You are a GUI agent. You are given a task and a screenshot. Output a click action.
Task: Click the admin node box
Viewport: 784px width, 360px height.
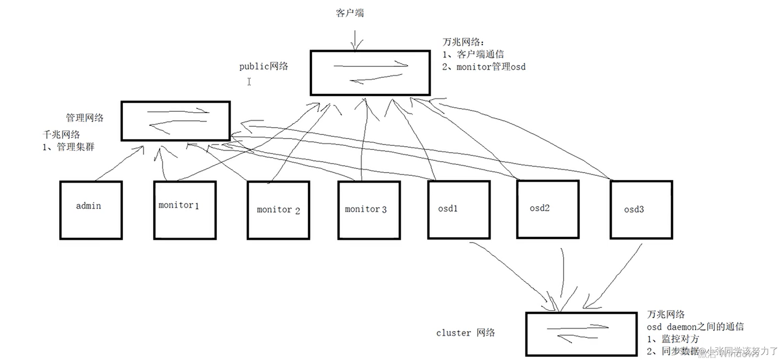pyautogui.click(x=91, y=210)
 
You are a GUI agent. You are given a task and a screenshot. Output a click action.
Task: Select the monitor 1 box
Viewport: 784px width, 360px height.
pyautogui.click(x=185, y=210)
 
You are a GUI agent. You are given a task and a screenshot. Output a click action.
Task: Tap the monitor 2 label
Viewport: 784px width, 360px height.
pyautogui.click(x=278, y=210)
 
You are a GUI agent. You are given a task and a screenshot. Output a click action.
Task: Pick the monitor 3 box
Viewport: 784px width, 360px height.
pyautogui.click(x=369, y=210)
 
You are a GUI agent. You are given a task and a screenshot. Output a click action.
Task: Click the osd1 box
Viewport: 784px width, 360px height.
pyautogui.click(x=459, y=209)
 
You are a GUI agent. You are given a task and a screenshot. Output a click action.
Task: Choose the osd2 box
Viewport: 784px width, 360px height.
pyautogui.click(x=548, y=209)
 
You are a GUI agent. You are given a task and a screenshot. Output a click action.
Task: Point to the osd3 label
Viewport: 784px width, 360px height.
pyautogui.click(x=634, y=209)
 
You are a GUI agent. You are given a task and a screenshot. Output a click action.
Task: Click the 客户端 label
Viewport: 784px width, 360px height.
pyautogui.click(x=350, y=13)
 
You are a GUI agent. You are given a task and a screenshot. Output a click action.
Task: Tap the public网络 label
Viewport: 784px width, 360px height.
pyautogui.click(x=264, y=66)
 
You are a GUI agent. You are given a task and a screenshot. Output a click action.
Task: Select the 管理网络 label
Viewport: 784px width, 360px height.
pyautogui.click(x=84, y=118)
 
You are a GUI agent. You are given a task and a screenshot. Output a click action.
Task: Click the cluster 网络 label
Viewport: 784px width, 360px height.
pyautogui.click(x=465, y=333)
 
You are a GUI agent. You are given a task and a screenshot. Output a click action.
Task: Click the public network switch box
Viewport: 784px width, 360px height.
pyautogui.click(x=370, y=73)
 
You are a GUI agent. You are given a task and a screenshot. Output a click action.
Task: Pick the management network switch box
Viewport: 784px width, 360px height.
pyautogui.click(x=176, y=121)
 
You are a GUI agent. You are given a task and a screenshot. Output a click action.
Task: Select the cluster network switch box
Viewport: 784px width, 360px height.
pyautogui.click(x=581, y=334)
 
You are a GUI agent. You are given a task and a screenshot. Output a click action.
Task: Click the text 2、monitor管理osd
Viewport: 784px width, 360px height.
pyautogui.click(x=484, y=67)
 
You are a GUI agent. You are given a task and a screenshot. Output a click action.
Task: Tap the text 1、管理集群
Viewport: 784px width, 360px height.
pyautogui.click(x=69, y=147)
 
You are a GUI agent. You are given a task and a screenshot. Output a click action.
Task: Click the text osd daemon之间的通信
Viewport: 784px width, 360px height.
pyautogui.click(x=695, y=327)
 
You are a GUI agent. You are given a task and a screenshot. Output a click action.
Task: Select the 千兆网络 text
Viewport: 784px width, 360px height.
pyautogui.click(x=61, y=134)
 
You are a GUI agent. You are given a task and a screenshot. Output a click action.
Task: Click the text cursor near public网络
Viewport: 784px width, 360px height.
pyautogui.click(x=249, y=82)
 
